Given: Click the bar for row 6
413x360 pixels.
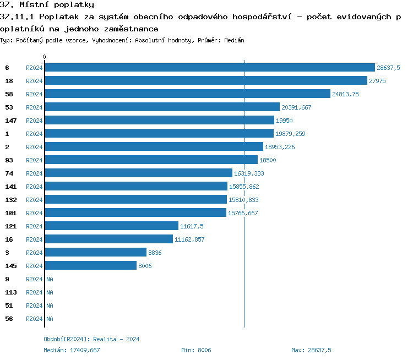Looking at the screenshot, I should click(209, 67).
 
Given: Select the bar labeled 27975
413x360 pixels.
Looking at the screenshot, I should click(205, 80).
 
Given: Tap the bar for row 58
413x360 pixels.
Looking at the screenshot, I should click(187, 94).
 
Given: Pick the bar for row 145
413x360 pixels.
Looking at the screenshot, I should click(90, 265).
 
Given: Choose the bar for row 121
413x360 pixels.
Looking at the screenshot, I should click(111, 226).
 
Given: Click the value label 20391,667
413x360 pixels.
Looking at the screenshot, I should click(296, 107).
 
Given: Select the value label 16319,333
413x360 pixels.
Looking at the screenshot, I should click(249, 173).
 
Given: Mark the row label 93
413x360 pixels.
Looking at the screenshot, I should click(9, 160).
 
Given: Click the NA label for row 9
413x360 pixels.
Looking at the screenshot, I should click(50, 279).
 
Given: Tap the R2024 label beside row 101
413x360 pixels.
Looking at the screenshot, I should click(34, 213).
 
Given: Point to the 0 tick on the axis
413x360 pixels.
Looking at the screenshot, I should click(45, 57).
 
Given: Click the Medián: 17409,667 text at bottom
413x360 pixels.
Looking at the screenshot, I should click(72, 350).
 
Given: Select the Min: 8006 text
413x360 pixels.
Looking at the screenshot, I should click(196, 350).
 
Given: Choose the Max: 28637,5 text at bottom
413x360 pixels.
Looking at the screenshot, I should click(311, 350).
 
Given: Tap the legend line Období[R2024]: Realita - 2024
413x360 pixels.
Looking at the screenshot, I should click(91, 339).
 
